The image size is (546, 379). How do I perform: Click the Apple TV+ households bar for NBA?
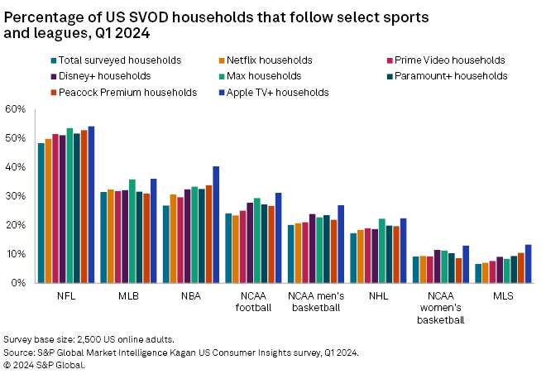click(x=216, y=224)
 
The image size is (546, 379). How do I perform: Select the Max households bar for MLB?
click(x=132, y=231)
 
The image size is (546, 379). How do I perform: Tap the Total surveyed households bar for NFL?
click(x=41, y=213)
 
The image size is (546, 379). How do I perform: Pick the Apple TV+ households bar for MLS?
click(x=528, y=264)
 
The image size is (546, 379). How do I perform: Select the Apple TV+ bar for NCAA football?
click(x=278, y=237)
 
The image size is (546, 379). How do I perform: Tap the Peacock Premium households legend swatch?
click(x=55, y=92)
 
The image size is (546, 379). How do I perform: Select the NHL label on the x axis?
click(x=377, y=295)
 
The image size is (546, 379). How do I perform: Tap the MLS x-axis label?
click(x=502, y=295)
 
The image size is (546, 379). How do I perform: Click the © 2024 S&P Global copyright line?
click(x=45, y=364)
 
